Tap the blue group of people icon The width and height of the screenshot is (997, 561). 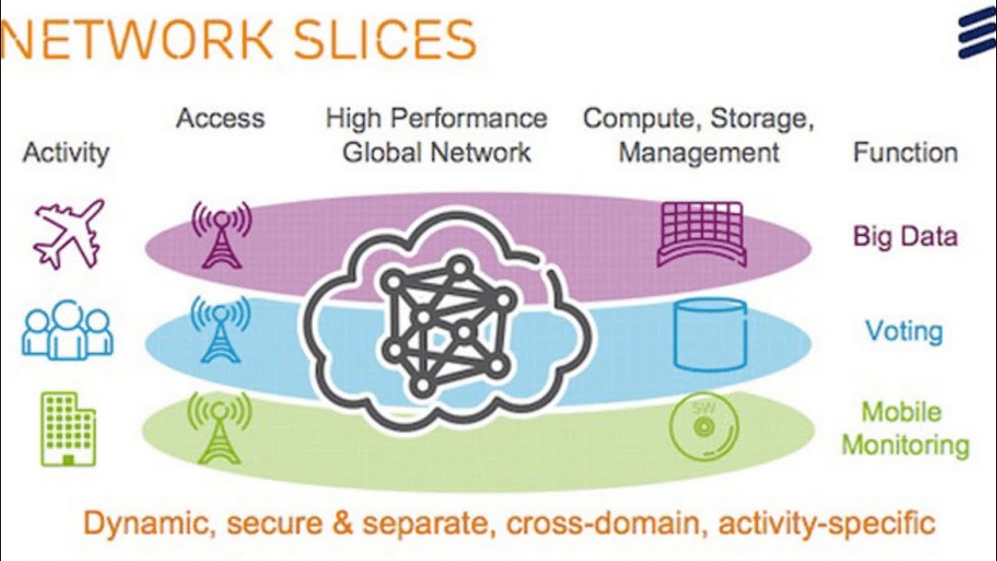tap(68, 330)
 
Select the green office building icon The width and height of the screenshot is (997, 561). tap(68, 429)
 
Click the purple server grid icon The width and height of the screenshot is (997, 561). tap(702, 234)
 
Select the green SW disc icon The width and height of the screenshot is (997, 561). tap(703, 426)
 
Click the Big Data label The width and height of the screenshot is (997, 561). tap(905, 236)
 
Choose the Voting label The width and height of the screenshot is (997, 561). tap(904, 331)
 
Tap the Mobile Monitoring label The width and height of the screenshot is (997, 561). tap(905, 429)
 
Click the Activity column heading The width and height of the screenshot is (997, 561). tap(66, 152)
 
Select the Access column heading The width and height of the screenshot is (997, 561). tap(220, 118)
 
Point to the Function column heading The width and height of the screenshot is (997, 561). tap(905, 152)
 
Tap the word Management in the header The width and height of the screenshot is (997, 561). tap(699, 152)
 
